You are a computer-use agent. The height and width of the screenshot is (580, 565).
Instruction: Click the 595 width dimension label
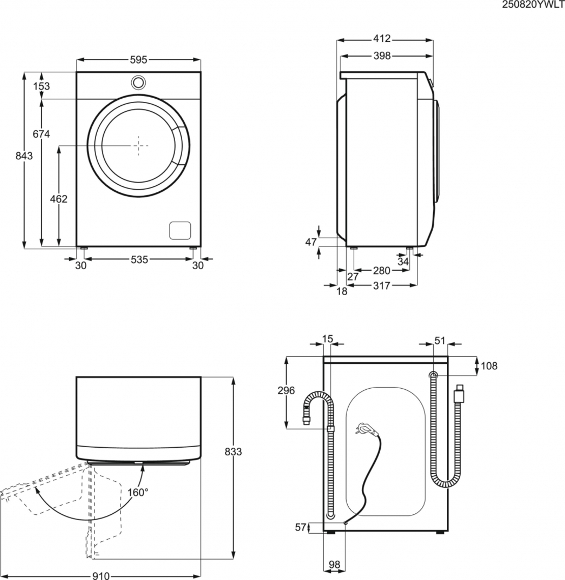[x=138, y=60]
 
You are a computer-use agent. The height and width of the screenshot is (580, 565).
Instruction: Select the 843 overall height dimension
[x=23, y=156]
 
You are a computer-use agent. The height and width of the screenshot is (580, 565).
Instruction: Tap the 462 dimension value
[x=59, y=199]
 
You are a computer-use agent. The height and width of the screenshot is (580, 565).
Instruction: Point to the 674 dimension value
[x=41, y=134]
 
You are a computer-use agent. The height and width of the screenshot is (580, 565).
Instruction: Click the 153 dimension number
[x=41, y=86]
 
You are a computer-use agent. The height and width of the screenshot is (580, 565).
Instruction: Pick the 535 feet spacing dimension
[x=138, y=260]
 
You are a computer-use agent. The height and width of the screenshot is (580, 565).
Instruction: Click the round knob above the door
[x=138, y=81]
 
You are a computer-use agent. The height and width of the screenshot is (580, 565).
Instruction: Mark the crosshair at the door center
[x=138, y=145]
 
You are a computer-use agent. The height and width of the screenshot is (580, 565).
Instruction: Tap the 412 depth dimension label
[x=382, y=39]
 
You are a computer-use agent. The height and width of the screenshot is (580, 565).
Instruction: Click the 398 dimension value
[x=382, y=56]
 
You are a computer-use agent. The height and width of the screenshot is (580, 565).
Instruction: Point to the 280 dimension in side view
[x=381, y=271]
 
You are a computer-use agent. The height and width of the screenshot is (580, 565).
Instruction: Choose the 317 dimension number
[x=381, y=286]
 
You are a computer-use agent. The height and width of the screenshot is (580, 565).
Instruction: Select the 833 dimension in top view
[x=233, y=452]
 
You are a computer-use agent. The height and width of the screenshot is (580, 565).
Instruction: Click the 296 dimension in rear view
[x=287, y=391]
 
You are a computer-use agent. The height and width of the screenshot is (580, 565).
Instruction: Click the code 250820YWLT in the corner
[x=533, y=5]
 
